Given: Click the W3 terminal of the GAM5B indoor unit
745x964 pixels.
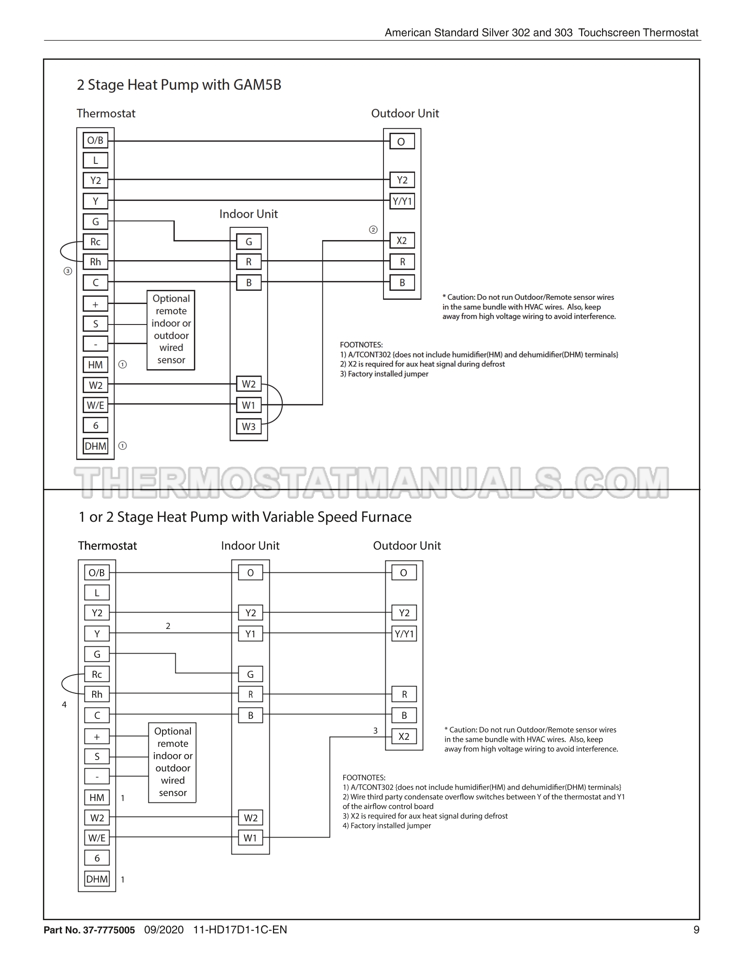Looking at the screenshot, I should click(x=248, y=426).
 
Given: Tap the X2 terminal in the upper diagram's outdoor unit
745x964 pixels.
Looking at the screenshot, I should click(x=402, y=241).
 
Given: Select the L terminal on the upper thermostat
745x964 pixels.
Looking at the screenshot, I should click(x=95, y=160).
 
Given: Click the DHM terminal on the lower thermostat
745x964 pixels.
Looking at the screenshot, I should click(x=97, y=879).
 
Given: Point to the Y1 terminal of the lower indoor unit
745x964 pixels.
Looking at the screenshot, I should click(x=250, y=634).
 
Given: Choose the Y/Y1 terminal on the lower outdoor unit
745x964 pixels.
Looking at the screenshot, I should click(x=404, y=634).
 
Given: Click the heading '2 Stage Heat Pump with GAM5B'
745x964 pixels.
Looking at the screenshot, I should click(x=179, y=85).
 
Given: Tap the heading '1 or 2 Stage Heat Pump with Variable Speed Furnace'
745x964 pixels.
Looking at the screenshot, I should click(x=245, y=517).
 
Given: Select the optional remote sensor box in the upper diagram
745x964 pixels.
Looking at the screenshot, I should click(x=171, y=330).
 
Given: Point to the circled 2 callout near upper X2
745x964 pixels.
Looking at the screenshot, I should click(x=373, y=230).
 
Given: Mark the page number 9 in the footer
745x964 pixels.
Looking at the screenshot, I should click(x=696, y=930).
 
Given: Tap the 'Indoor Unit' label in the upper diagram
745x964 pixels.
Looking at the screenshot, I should click(x=248, y=214).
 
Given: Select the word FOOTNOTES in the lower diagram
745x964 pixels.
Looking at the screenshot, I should click(x=364, y=777).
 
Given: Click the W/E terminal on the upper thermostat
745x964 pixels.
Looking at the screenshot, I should click(x=95, y=405).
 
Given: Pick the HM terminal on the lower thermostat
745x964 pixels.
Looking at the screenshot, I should click(x=97, y=797).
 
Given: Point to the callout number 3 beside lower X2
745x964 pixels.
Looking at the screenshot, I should click(x=375, y=731).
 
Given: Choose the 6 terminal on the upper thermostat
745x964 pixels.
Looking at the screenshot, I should click(x=95, y=425).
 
